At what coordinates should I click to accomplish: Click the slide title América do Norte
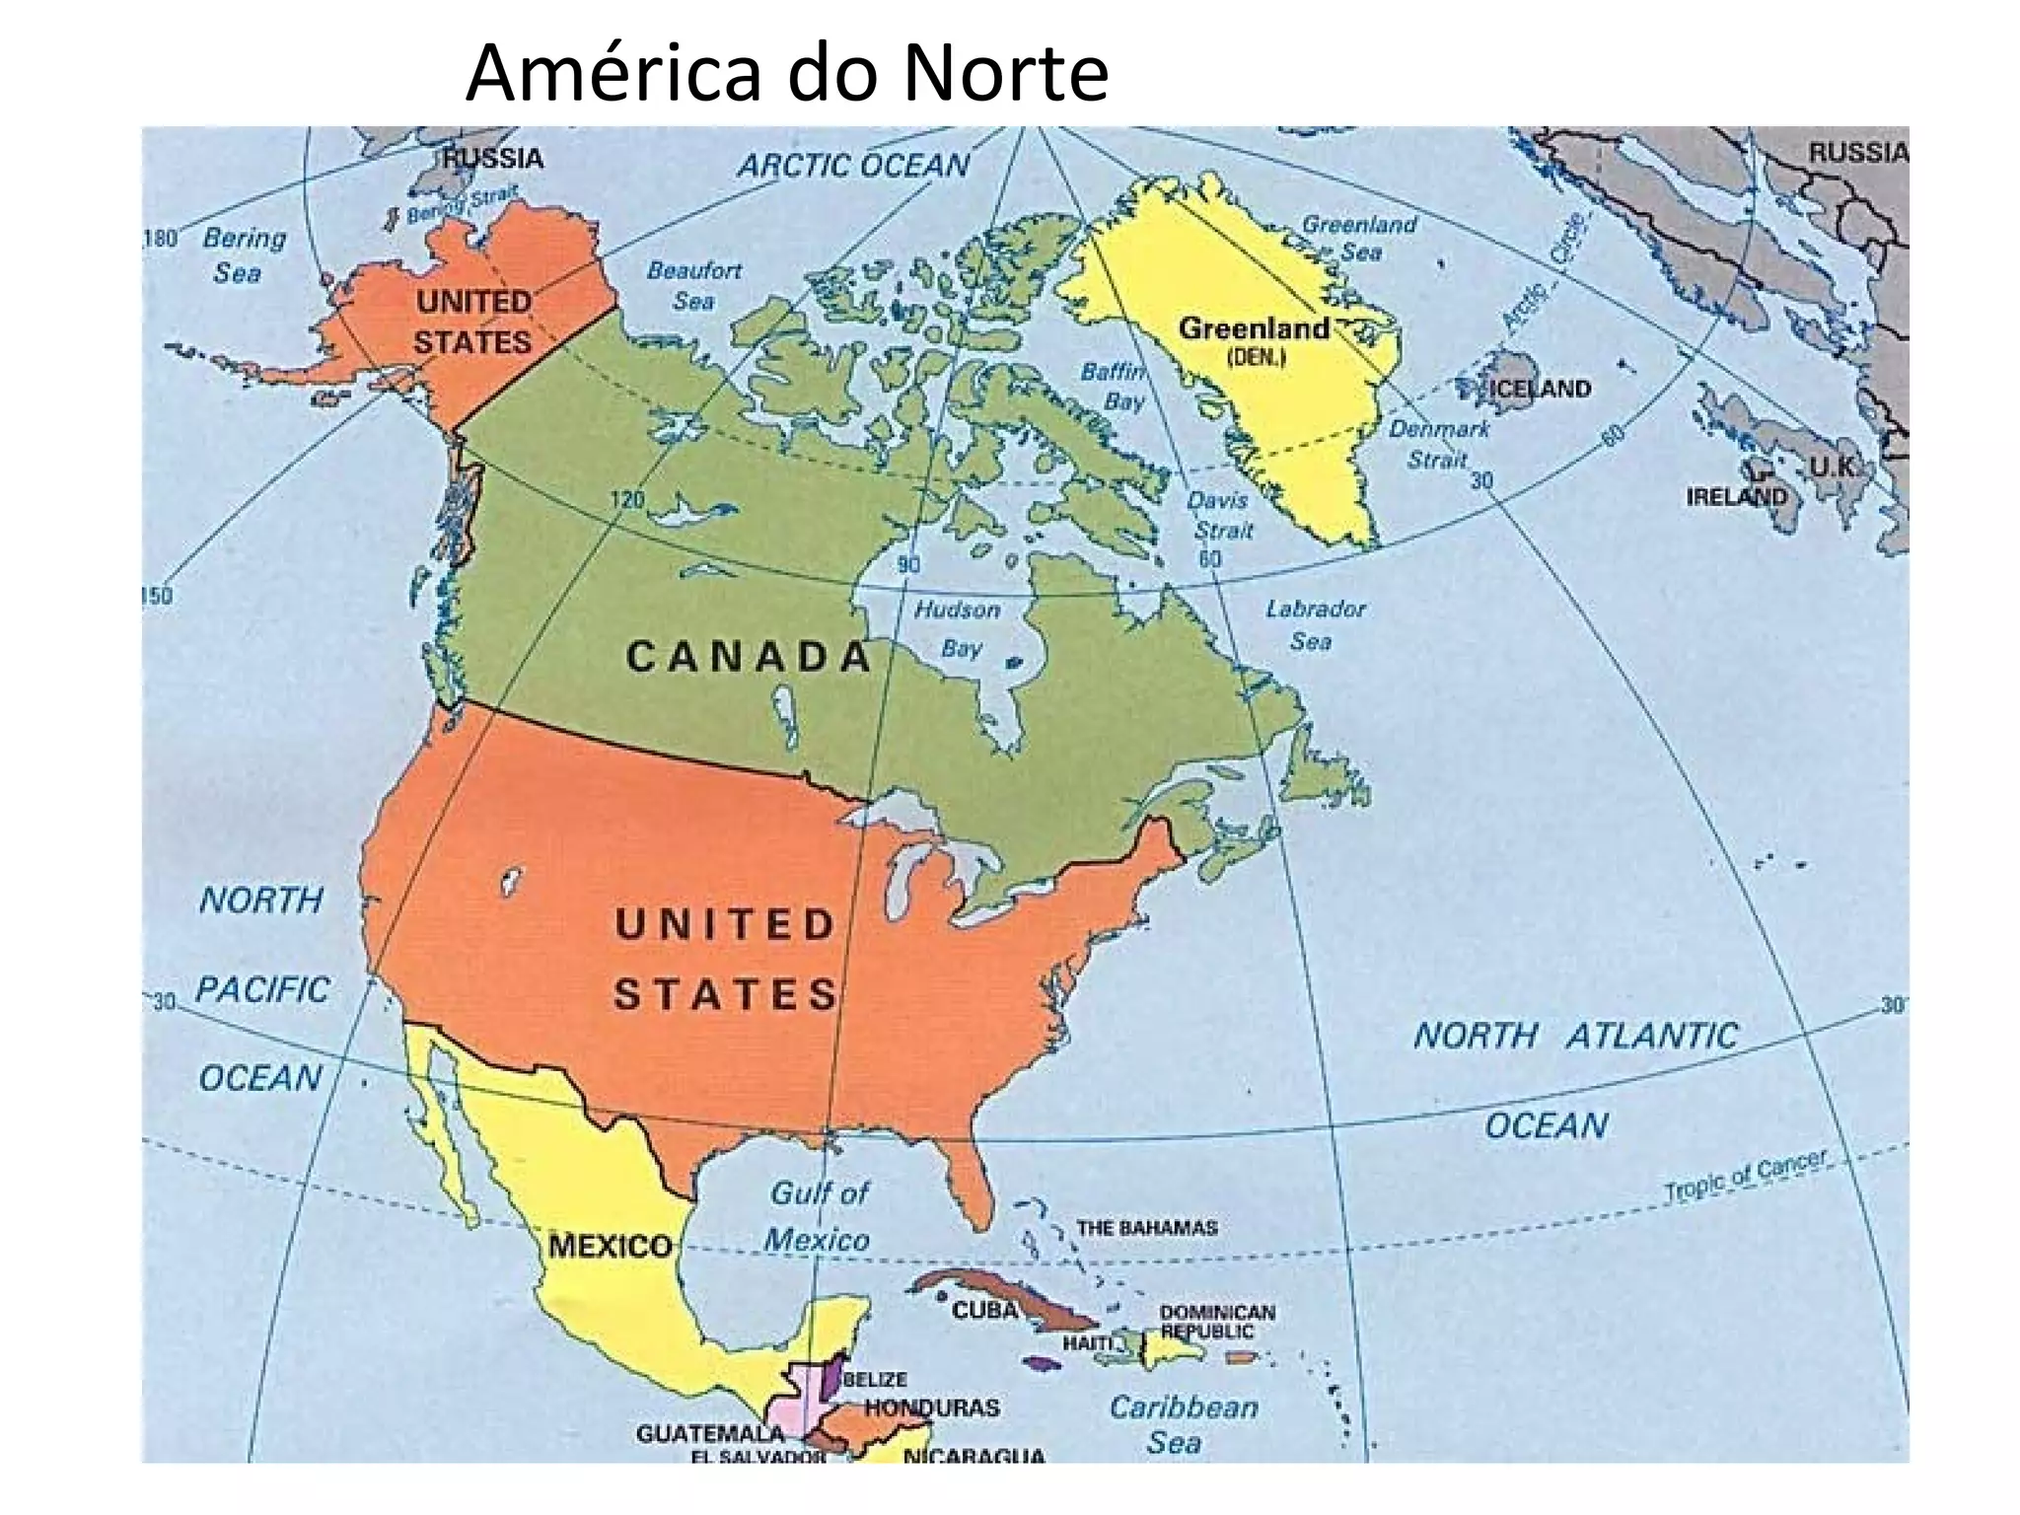coord(786,73)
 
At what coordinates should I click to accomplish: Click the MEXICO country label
coord(610,1246)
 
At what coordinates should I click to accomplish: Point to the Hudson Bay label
coord(958,628)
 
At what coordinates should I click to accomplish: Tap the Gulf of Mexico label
coord(818,1216)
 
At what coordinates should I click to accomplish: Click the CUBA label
coord(984,1310)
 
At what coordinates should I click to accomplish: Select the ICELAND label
coord(1539,389)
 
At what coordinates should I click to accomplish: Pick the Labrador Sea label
coord(1315,624)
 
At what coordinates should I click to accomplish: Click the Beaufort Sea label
coord(694,285)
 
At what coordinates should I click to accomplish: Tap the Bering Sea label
coord(243,254)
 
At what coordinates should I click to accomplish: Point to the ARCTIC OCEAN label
coord(854,166)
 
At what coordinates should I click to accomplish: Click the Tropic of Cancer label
coord(1745,1176)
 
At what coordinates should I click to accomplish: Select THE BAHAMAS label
coord(1146,1228)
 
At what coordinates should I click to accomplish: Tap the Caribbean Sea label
coord(1183,1424)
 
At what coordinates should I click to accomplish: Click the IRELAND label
coord(1735,496)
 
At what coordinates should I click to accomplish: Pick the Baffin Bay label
coord(1116,386)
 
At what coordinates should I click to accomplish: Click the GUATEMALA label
coord(709,1432)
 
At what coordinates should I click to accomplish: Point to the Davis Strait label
coord(1220,515)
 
